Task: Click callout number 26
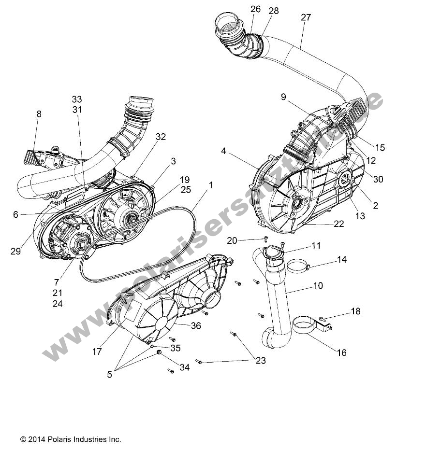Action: [255, 9]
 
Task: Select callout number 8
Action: [39, 114]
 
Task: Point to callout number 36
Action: [196, 326]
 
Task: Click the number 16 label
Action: [341, 353]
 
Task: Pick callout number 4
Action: [223, 151]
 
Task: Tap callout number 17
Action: [97, 352]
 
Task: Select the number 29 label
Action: [15, 252]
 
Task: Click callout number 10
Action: [318, 286]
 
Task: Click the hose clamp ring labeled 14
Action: [297, 265]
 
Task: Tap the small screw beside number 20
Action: [265, 238]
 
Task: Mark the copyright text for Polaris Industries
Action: [71, 439]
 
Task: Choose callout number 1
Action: [211, 185]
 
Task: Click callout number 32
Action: [161, 137]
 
